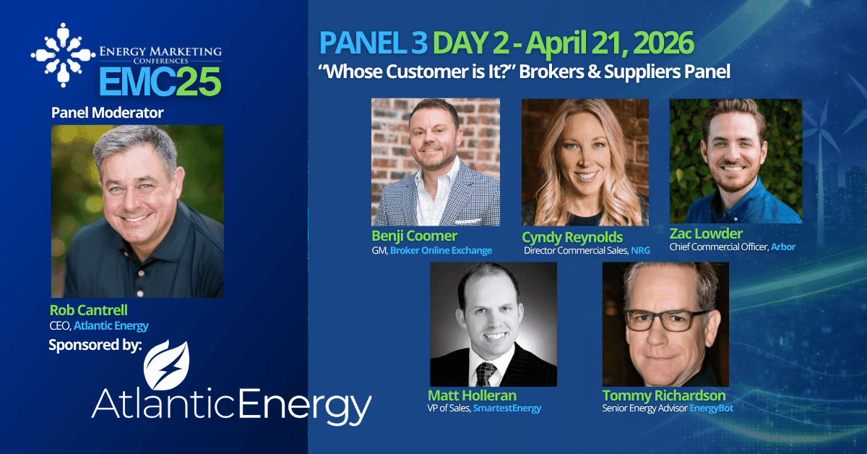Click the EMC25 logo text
pyautogui.click(x=160, y=82)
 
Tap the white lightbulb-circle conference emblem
pyautogui.click(x=63, y=55)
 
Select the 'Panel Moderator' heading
pyautogui.click(x=107, y=113)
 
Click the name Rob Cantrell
pyautogui.click(x=89, y=310)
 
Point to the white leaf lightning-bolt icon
pyautogui.click(x=167, y=365)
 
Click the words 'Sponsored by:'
pyautogui.click(x=95, y=345)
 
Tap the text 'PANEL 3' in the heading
pyautogui.click(x=373, y=43)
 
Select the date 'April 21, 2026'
pyautogui.click(x=610, y=43)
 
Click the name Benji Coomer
pyautogui.click(x=414, y=236)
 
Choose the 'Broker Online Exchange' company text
pyautogui.click(x=441, y=250)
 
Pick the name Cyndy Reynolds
pyautogui.click(x=572, y=237)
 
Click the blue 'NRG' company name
pyautogui.click(x=641, y=250)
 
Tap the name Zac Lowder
pyautogui.click(x=706, y=234)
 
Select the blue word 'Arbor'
pyautogui.click(x=783, y=247)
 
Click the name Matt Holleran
pyautogui.click(x=472, y=395)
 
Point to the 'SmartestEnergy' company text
pyautogui.click(x=507, y=408)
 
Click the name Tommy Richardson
pyautogui.click(x=664, y=395)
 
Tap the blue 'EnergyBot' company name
pyautogui.click(x=712, y=408)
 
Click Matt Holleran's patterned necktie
pyautogui.click(x=486, y=374)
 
